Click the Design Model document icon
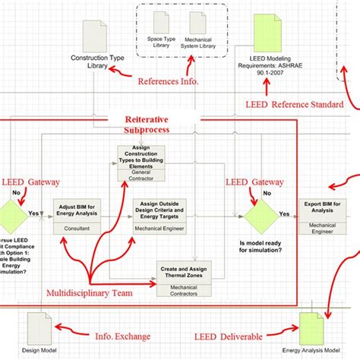click(42, 327)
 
